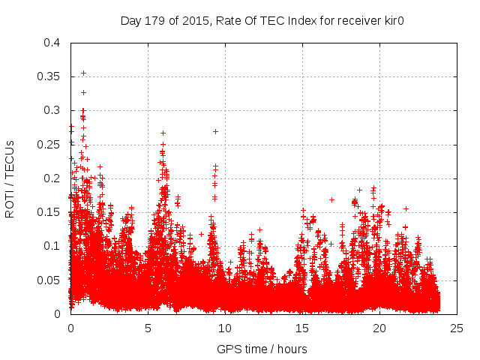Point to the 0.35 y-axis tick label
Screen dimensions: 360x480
pos(52,76)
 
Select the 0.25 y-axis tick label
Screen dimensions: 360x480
pos(52,145)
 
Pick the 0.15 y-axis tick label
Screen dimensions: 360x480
pos(52,212)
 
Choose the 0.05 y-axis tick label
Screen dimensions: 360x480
pos(52,280)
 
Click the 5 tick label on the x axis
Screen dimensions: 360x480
pos(148,328)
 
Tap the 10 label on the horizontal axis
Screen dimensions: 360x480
pos(225,328)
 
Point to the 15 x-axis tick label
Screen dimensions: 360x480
pos(302,328)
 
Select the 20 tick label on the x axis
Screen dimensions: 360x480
pos(379,328)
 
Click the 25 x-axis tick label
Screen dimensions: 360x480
pos(457,328)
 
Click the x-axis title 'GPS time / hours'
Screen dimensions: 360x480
pos(262,349)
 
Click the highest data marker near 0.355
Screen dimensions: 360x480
pos(83,73)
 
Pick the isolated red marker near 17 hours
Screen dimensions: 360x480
pos(331,199)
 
